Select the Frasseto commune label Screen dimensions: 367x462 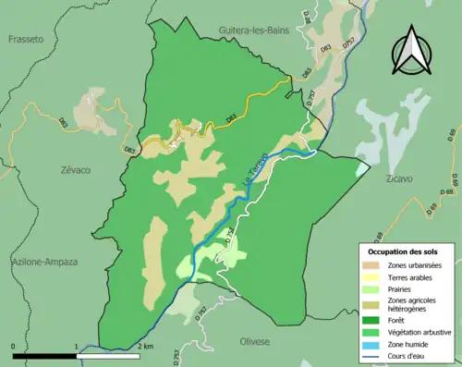click(x=26, y=39)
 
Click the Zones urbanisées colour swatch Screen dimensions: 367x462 click(x=375, y=265)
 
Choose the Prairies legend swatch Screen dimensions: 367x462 click(x=375, y=287)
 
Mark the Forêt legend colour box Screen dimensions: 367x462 click(x=375, y=320)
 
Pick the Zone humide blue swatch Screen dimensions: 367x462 click(x=375, y=342)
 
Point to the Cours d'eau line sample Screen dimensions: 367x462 click(x=375, y=353)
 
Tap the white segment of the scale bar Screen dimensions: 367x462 click(x=108, y=355)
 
